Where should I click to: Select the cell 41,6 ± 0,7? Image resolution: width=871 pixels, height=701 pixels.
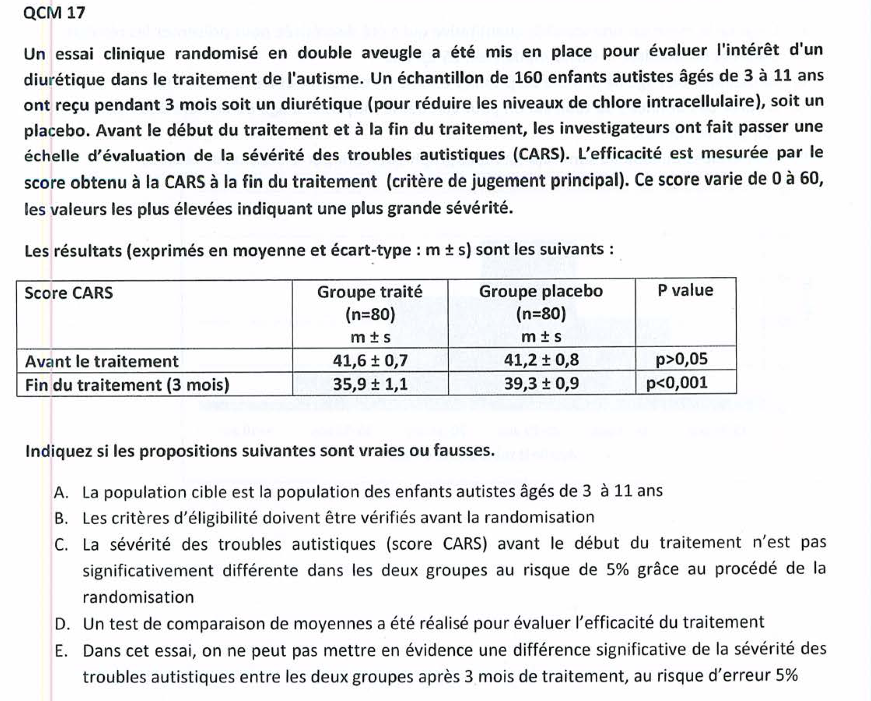[x=370, y=360]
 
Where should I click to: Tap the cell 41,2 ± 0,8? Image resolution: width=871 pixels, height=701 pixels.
[x=541, y=360]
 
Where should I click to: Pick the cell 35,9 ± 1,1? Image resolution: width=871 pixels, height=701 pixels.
[x=370, y=384]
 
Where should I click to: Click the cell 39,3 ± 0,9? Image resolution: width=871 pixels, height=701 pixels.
[x=541, y=384]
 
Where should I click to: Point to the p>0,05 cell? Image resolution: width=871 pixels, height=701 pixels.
[x=682, y=359]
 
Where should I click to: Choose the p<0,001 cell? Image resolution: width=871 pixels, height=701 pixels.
[x=677, y=383]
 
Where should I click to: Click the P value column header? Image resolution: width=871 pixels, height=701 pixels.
[x=685, y=290]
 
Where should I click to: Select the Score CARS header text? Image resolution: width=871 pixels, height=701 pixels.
[x=69, y=293]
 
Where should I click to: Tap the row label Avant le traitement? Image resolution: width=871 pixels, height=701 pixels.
[x=102, y=361]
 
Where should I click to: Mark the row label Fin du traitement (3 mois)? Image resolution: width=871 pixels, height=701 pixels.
[x=127, y=385]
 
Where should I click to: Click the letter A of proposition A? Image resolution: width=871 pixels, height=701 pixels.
[x=61, y=493]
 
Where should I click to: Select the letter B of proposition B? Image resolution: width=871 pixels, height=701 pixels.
[x=61, y=518]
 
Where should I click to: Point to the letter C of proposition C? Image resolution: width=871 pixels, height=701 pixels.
[x=61, y=545]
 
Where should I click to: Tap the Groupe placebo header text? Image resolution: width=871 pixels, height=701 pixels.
[x=541, y=291]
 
